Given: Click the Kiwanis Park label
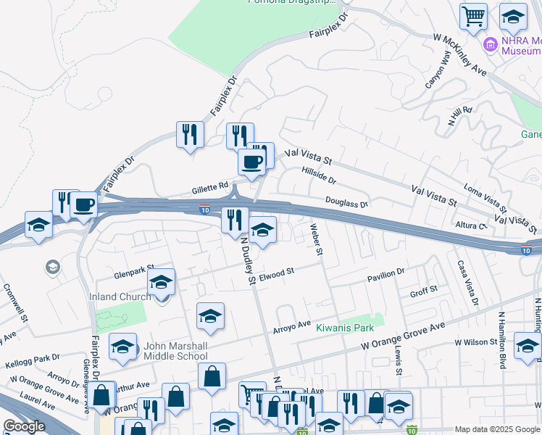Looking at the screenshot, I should tap(349, 328).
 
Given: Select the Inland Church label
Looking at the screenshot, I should tap(120, 297).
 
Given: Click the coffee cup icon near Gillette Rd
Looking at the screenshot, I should tap(252, 163).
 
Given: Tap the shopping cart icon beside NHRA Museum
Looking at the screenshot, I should tap(473, 15).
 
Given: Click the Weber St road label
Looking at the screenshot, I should tap(316, 240).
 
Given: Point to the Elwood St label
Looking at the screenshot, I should tap(276, 273).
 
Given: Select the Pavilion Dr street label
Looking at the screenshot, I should tap(385, 275).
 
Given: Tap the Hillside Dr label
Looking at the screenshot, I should tap(318, 175).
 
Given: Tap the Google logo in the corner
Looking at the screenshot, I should tap(24, 426).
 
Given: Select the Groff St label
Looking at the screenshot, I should tap(424, 290).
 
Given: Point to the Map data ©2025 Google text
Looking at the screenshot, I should tap(496, 429).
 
